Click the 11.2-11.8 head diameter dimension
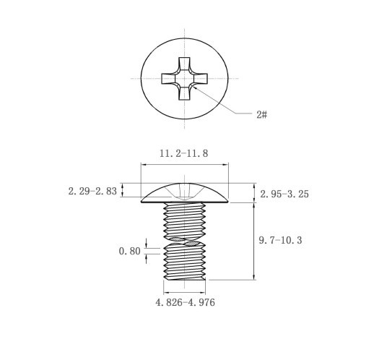tap(184, 153)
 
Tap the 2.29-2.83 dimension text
tap(92, 192)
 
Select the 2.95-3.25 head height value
tap(284, 194)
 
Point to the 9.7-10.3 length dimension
tap(280, 240)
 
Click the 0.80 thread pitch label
tap(130, 251)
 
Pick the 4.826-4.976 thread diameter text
tap(186, 302)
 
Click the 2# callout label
tap(262, 114)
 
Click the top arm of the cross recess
tap(184, 64)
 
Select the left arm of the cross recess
tap(168, 79)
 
